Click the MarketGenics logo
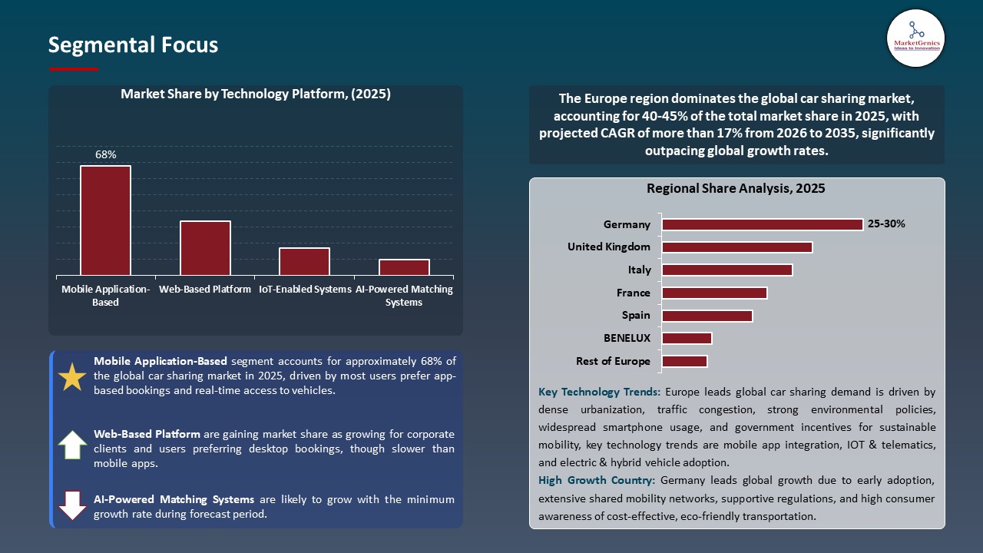tap(915, 38)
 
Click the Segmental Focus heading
tap(133, 45)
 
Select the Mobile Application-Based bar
tap(105, 220)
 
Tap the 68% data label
tap(105, 155)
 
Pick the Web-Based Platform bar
tap(205, 248)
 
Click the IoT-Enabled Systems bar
tap(304, 261)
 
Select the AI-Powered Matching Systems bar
tap(404, 267)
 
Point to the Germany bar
tap(762, 224)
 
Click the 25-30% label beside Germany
tap(886, 224)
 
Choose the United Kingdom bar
tap(736, 247)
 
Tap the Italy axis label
tap(639, 270)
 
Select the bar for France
tap(714, 293)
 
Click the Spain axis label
tap(636, 316)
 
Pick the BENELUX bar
tap(687, 338)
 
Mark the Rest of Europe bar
tap(684, 361)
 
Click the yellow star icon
tap(73, 376)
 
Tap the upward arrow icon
tap(73, 445)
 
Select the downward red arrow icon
tap(73, 505)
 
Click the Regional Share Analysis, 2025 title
tap(736, 188)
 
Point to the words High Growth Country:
tap(597, 481)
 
